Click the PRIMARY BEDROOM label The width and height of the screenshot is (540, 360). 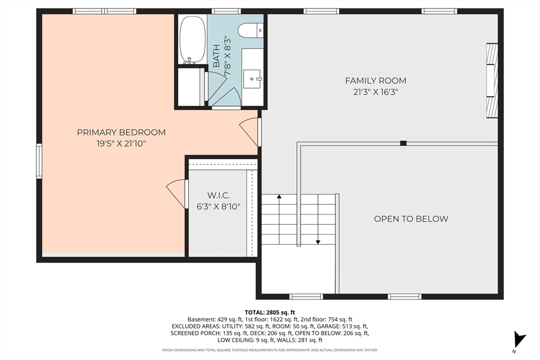[121, 132]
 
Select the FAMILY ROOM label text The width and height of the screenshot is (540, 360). [375, 81]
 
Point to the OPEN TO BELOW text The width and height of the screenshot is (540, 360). [411, 219]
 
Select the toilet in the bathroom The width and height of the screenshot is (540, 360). [249, 31]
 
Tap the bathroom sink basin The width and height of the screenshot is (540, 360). [254, 79]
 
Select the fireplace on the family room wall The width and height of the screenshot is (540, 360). [491, 80]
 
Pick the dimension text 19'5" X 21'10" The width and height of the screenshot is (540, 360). [121, 143]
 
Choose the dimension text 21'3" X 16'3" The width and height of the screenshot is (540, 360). [375, 91]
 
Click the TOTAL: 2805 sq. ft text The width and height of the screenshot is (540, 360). [270, 313]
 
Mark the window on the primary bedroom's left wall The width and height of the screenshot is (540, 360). [39, 161]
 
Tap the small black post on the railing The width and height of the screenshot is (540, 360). [403, 143]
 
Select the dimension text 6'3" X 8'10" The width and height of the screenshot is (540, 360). [217, 207]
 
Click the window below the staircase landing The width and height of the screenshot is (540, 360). [306, 296]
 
